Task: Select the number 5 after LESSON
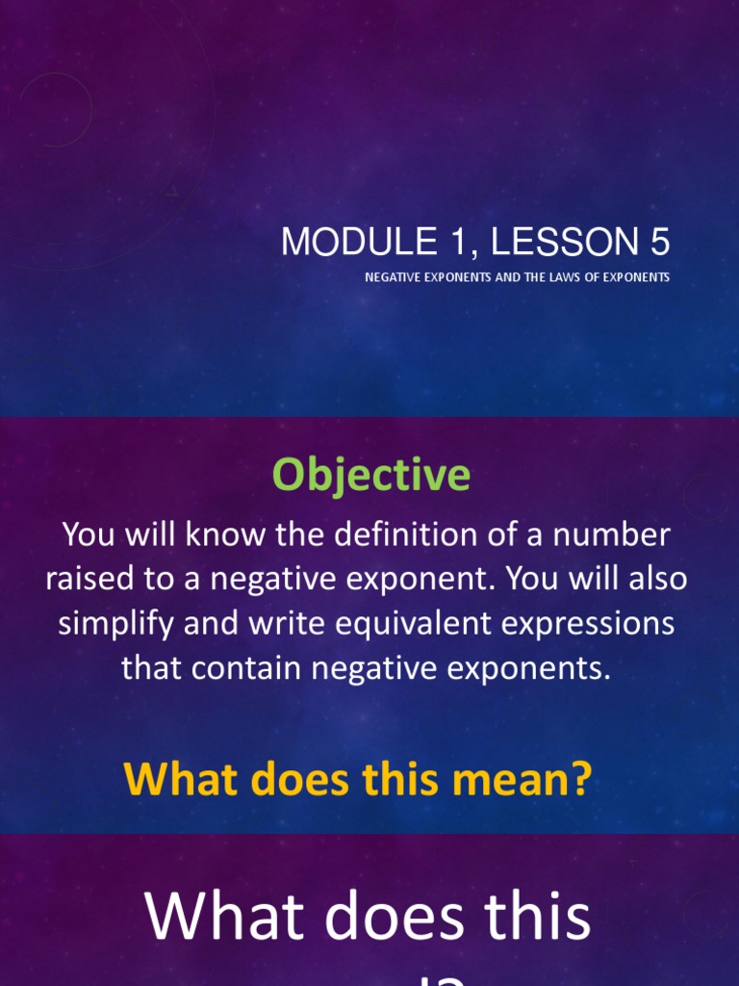coord(660,243)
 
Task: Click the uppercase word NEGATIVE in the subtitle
coord(395,277)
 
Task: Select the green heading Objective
coord(370,475)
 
